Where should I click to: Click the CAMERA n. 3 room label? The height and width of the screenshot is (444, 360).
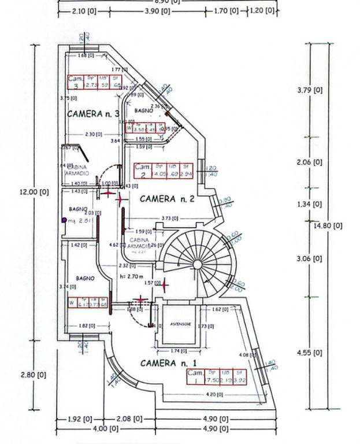coord(93,113)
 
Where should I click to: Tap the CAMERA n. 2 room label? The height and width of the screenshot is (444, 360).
coord(166,199)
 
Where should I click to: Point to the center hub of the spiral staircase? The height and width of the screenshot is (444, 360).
coord(197,264)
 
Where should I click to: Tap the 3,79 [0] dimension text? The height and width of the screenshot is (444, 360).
coord(309,90)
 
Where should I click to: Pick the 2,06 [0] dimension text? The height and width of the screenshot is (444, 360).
coord(309,162)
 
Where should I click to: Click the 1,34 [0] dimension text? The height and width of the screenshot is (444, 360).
coord(309,204)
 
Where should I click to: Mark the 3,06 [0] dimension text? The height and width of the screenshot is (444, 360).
coord(309,259)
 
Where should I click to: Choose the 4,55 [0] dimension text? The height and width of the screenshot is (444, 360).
coord(309,352)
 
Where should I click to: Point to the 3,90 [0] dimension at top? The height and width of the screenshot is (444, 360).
coord(157,11)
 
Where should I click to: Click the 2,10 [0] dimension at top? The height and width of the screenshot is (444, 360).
coord(85,11)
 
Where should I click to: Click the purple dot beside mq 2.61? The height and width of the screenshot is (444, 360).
coord(64,220)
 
